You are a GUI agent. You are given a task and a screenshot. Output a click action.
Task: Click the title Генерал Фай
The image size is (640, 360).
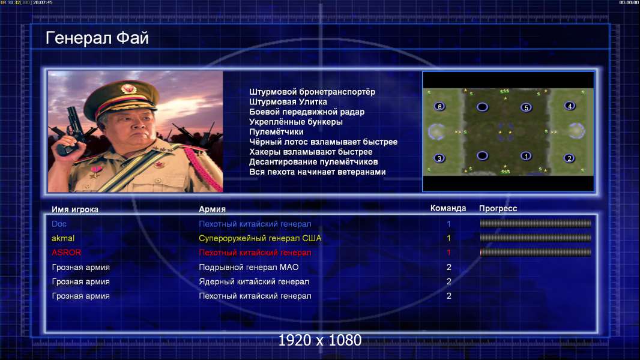pos(97,38)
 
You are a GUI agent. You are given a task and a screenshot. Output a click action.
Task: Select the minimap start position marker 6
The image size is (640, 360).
pos(439,106)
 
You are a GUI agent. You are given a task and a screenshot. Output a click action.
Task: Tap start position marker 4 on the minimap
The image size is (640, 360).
pos(570,106)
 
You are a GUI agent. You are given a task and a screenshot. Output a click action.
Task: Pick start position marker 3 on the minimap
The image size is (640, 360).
pos(439,158)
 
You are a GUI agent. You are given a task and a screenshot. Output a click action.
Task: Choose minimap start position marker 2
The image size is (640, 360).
pos(569,158)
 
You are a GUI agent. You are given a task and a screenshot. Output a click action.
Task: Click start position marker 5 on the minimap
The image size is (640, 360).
pos(526,107)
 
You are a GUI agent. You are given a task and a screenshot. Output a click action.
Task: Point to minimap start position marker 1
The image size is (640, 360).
pos(526,156)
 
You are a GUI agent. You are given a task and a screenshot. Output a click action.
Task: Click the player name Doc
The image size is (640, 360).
pos(59,224)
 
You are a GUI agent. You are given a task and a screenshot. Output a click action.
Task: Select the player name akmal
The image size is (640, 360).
pos(63,238)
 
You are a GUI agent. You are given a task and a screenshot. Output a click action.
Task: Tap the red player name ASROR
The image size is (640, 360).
pos(66,253)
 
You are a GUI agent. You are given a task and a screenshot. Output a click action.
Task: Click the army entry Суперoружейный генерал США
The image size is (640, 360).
pos(260,238)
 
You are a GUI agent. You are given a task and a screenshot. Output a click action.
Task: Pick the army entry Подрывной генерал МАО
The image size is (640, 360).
pos(249,267)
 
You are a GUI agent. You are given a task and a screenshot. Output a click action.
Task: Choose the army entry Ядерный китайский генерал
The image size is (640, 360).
pos(254,282)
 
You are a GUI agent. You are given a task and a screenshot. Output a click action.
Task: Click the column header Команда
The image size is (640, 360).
pos(448,208)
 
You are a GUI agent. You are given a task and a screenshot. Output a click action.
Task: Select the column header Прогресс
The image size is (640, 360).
pos(498,209)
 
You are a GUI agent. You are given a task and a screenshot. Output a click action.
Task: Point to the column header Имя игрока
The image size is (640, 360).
pos(74,209)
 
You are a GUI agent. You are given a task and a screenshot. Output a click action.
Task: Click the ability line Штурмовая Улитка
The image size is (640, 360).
pos(288,102)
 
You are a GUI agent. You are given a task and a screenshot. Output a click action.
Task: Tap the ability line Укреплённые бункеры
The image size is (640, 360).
pos(296,122)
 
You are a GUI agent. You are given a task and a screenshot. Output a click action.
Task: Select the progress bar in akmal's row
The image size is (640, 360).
pos(536,238)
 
